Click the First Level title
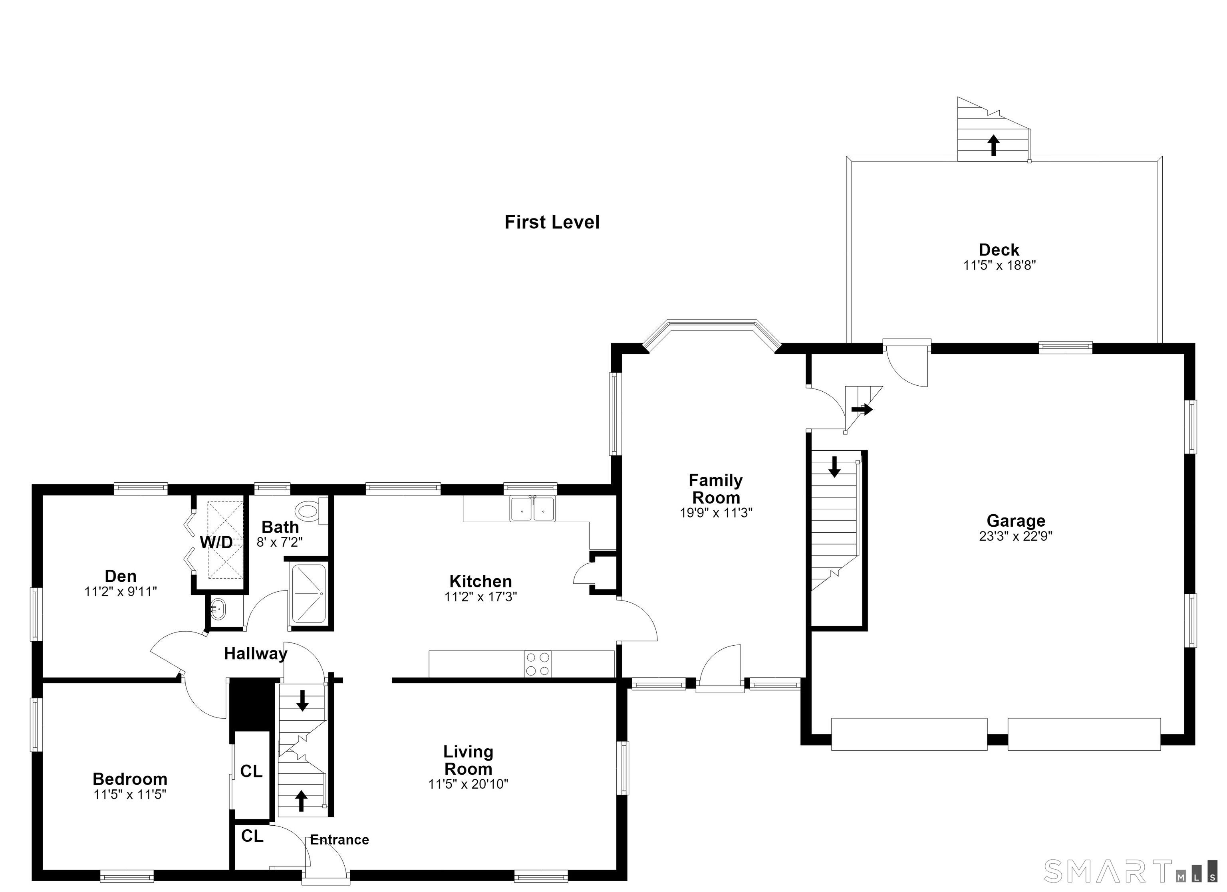click(x=552, y=222)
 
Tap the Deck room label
click(x=999, y=250)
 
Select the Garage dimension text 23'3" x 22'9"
click(x=1015, y=536)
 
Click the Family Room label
click(x=716, y=489)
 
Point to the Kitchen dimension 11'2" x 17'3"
click(x=480, y=597)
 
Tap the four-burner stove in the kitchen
click(x=538, y=664)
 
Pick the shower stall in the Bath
click(x=309, y=593)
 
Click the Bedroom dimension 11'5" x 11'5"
click(x=129, y=795)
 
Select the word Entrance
click(x=340, y=840)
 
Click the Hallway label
click(x=256, y=654)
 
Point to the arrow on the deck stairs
click(x=993, y=145)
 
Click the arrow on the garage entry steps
click(x=862, y=410)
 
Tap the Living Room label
click(x=468, y=760)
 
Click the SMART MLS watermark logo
click(x=1128, y=871)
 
